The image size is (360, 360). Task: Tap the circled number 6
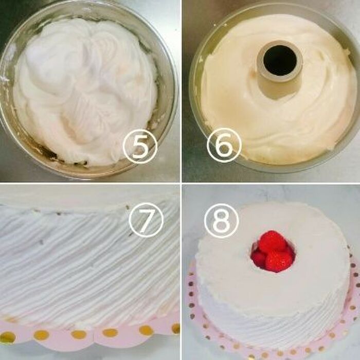[x=224, y=145]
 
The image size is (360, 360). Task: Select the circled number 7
[x=146, y=220]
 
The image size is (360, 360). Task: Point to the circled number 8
[x=221, y=220]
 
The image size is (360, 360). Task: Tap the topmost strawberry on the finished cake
[x=272, y=240]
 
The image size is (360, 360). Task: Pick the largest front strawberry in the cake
[x=279, y=261]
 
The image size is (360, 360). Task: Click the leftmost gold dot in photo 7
[x=7, y=337]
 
